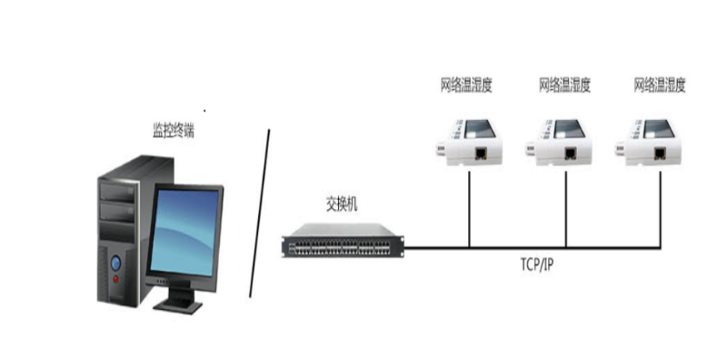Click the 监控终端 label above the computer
172,131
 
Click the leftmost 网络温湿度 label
466,86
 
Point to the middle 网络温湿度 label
564,86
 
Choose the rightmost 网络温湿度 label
659,86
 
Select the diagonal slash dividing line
261,213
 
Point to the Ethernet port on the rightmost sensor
670,154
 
